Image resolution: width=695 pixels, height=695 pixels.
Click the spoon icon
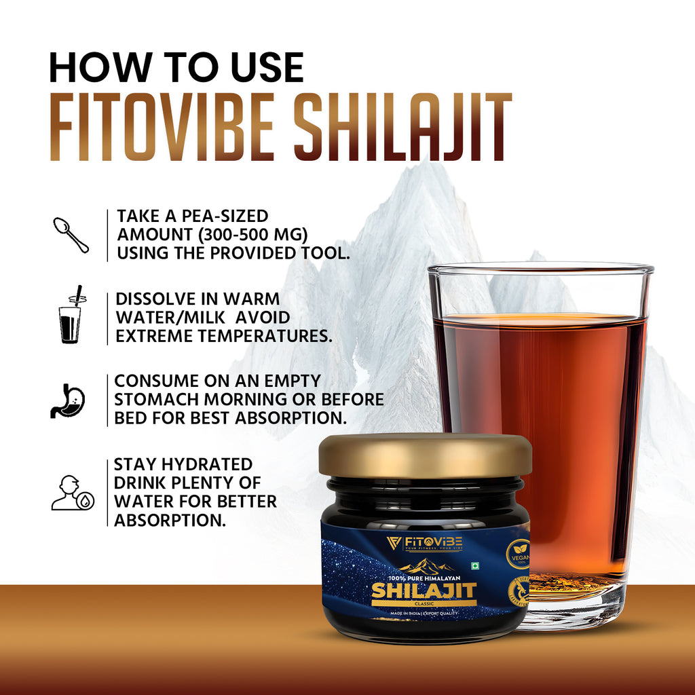pyautogui.click(x=71, y=235)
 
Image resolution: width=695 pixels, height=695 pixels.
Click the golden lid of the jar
pyautogui.click(x=426, y=455)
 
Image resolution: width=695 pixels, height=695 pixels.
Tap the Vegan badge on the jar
pyautogui.click(x=518, y=554)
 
